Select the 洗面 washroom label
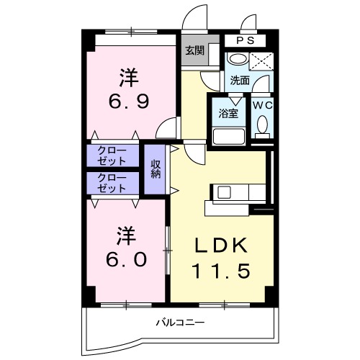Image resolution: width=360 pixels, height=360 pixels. (240, 81)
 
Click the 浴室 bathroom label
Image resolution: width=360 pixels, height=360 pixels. (229, 112)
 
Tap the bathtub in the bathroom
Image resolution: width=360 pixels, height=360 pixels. (229, 136)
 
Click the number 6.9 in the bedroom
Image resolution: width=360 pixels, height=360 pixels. (130, 102)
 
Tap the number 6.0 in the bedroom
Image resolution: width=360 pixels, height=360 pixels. (129, 258)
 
